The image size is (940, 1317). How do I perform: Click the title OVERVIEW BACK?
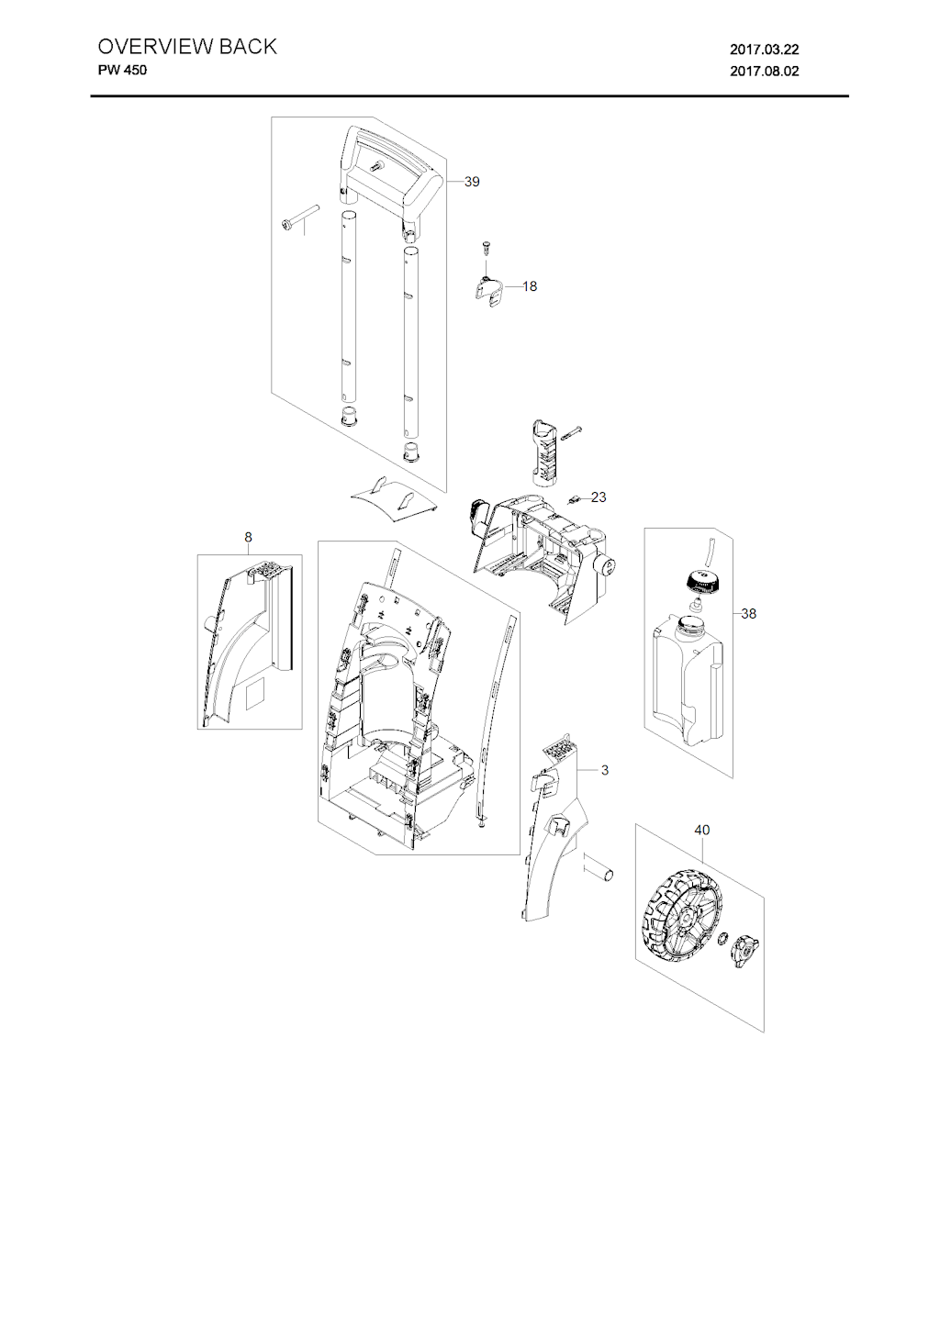(x=186, y=47)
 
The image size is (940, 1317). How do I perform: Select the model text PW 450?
(x=122, y=70)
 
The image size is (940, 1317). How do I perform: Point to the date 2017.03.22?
(x=764, y=50)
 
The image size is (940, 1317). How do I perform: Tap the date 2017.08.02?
(x=764, y=72)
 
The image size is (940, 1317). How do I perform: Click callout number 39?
(x=472, y=182)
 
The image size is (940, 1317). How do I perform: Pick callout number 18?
(x=530, y=286)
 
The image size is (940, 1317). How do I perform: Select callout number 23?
(x=599, y=497)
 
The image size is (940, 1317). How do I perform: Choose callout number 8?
(x=248, y=537)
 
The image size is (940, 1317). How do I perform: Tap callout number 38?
(x=748, y=614)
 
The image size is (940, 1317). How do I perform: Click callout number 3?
(x=605, y=770)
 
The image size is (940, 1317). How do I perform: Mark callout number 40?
(x=701, y=831)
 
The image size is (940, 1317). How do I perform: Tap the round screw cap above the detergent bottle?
(x=700, y=582)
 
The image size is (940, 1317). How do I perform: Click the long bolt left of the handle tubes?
(x=299, y=216)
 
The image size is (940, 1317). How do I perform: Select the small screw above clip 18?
(x=486, y=248)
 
